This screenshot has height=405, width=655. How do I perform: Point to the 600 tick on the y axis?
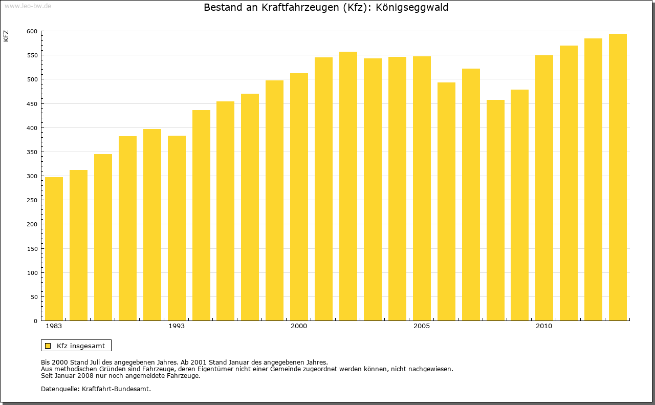(32, 31)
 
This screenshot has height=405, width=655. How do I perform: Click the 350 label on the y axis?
(32, 152)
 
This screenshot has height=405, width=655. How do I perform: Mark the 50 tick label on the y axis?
(33, 297)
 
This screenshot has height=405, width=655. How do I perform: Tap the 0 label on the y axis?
(35, 321)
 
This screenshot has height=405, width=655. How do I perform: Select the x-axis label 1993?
(177, 326)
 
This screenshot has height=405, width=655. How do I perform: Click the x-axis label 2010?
(544, 326)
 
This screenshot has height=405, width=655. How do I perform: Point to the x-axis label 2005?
(422, 326)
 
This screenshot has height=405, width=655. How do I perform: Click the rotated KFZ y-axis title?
(6, 36)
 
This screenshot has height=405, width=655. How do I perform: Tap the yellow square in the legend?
(48, 346)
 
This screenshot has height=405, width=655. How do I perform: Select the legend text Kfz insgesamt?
(81, 346)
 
